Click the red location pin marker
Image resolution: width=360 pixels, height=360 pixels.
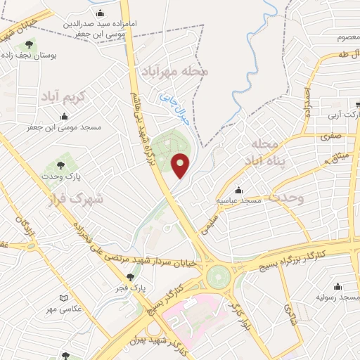click(x=181, y=165)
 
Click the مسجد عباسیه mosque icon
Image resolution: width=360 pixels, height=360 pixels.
click(x=239, y=191)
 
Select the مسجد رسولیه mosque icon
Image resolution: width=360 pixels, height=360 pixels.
click(x=339, y=286)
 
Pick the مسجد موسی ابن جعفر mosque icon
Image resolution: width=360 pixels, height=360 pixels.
click(x=68, y=116)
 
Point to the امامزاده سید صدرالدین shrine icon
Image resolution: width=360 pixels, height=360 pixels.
click(x=101, y=13)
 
